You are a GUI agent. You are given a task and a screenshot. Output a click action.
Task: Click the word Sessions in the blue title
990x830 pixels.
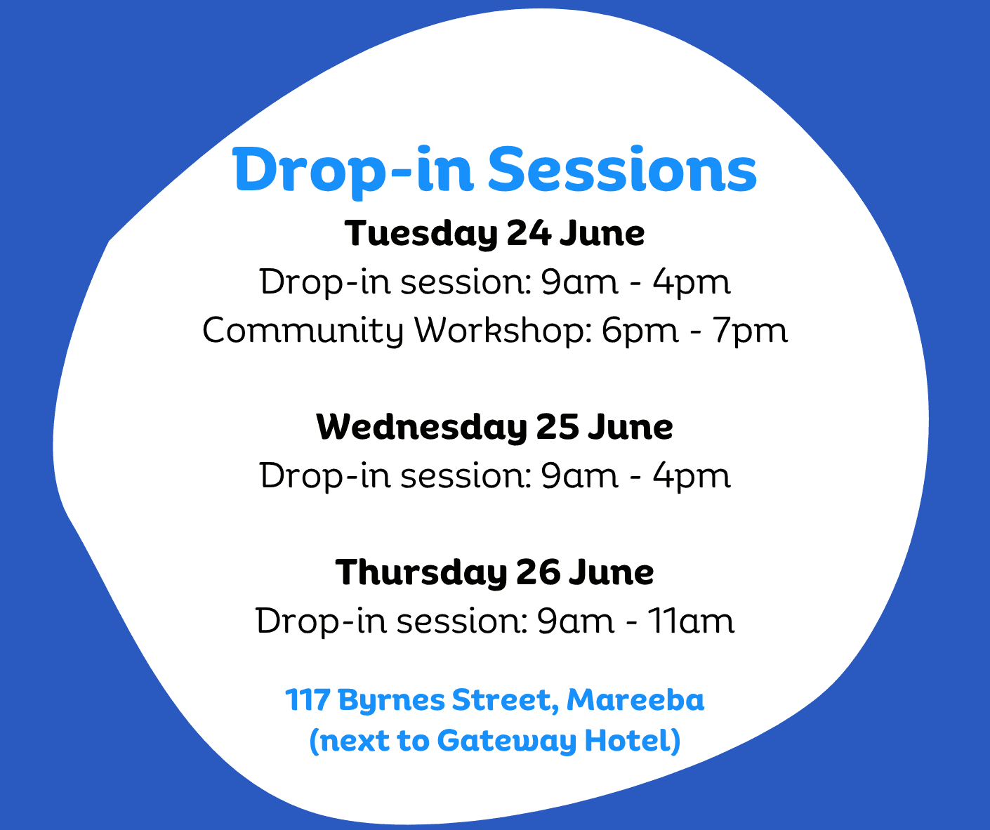click(x=622, y=170)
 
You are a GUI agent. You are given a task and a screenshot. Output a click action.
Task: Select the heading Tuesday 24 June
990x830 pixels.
click(x=494, y=234)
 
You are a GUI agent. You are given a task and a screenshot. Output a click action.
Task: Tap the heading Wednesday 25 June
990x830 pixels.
click(x=494, y=427)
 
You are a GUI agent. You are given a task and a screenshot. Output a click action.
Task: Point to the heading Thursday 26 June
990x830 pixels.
click(x=494, y=572)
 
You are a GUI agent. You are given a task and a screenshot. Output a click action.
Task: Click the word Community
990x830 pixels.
click(x=303, y=330)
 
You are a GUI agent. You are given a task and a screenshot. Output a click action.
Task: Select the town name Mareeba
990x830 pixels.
click(x=635, y=700)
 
